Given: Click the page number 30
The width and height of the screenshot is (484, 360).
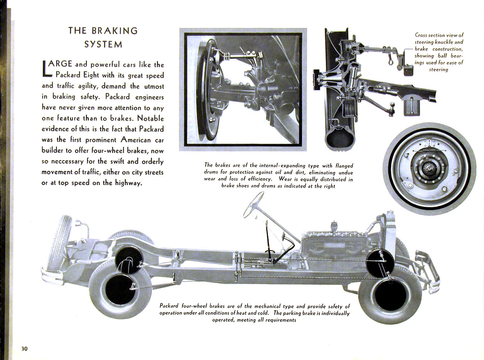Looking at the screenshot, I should pyautogui.click(x=24, y=349).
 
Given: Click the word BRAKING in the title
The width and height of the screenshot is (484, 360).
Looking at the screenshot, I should pyautogui.click(x=115, y=31).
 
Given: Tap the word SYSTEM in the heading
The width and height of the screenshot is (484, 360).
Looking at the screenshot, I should pyautogui.click(x=103, y=45).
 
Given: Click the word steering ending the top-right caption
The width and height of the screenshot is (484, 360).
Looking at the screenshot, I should pyautogui.click(x=438, y=70).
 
